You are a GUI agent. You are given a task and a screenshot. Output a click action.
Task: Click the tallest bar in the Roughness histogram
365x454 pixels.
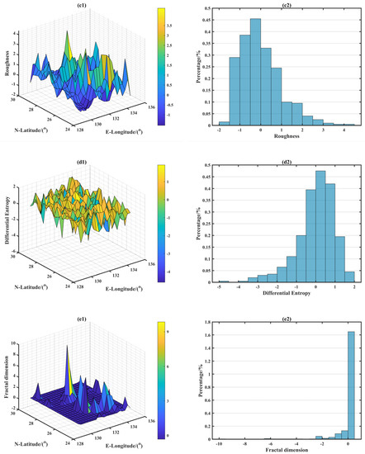click(x=256, y=70)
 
